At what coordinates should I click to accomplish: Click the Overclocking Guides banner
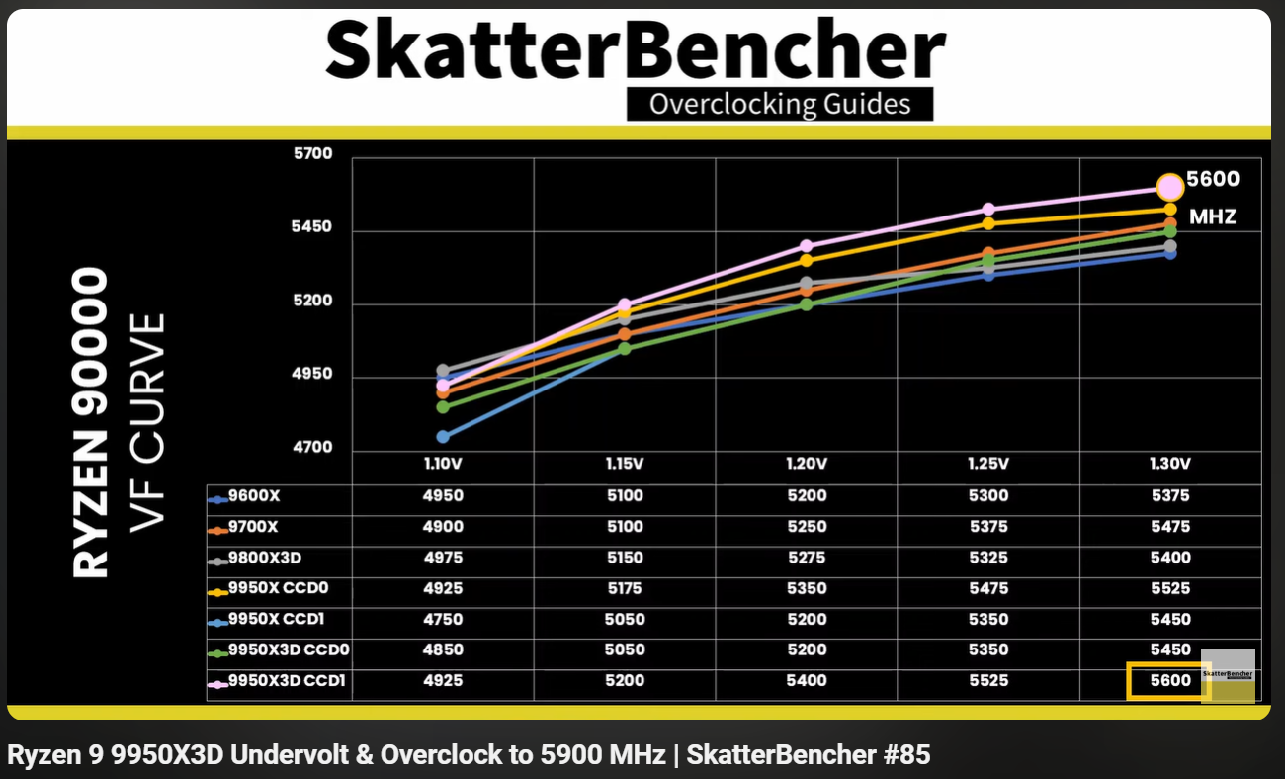coord(780,104)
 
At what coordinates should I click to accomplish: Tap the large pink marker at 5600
coord(1169,187)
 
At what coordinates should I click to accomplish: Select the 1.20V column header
coord(807,464)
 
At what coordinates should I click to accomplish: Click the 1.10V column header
coord(442,464)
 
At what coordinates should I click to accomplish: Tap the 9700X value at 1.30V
coord(1169,527)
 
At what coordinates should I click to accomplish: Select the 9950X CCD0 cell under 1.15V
coord(625,588)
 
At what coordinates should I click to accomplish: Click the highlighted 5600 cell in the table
coord(1169,681)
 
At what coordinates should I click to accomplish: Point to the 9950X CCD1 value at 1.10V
coord(442,619)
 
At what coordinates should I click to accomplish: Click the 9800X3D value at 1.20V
coord(807,558)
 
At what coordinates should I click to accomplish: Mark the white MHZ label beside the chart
coord(1212,216)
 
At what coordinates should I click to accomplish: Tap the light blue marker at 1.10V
coord(443,436)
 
